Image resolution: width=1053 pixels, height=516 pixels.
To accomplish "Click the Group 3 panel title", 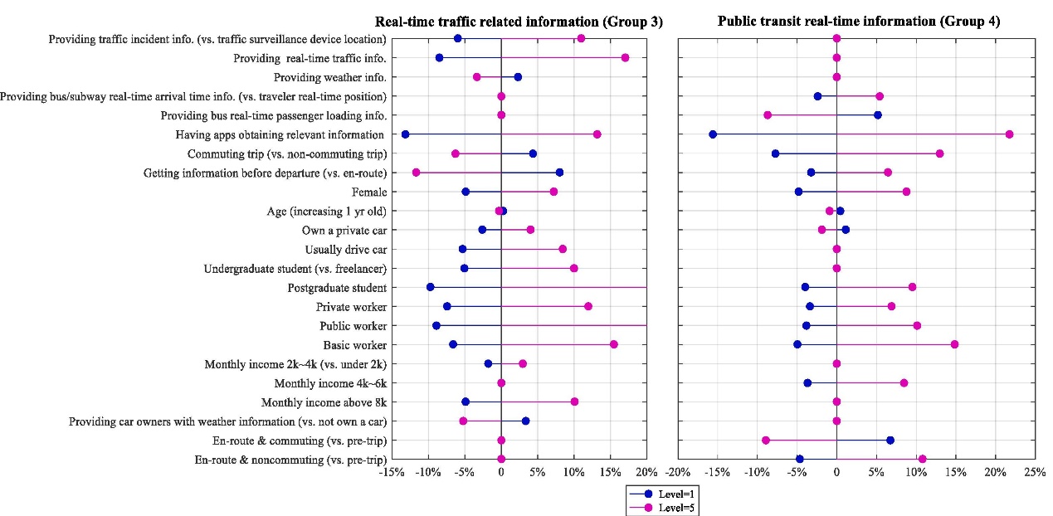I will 519,22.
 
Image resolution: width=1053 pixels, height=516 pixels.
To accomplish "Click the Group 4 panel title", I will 859,22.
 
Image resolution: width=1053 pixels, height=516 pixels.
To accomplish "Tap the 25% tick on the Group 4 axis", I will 1034,472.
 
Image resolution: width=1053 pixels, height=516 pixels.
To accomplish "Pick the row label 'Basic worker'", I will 354,345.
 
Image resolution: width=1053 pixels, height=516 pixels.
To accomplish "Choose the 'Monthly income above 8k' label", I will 324,402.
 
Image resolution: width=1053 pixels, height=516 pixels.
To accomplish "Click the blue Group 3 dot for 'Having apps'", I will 405,134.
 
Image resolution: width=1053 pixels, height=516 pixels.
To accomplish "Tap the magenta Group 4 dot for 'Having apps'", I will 1009,134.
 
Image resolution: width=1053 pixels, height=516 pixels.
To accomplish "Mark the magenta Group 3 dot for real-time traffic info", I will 625,57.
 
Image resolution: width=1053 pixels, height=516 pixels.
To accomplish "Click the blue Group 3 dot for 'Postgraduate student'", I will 430,287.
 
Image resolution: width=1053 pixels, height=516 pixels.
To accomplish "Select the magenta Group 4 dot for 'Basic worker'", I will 954,344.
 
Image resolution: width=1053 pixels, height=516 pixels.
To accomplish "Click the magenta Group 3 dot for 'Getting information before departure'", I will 416,173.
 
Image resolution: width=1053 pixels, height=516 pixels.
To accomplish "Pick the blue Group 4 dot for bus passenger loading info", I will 878,115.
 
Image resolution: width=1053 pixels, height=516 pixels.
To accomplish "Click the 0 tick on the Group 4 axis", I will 836,472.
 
